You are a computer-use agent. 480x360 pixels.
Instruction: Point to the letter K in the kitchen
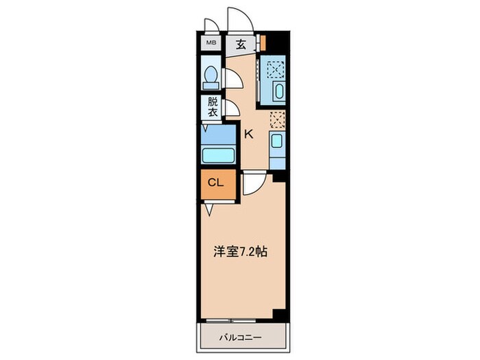click(x=248, y=134)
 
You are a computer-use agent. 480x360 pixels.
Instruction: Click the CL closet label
click(x=216, y=183)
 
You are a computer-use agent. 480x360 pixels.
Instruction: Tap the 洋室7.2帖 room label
click(x=239, y=252)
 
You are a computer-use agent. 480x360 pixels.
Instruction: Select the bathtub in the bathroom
click(x=218, y=154)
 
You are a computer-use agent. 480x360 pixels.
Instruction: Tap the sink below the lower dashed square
click(x=276, y=143)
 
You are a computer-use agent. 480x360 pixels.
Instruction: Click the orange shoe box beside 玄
click(x=262, y=43)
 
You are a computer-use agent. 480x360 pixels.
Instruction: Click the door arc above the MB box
click(x=212, y=26)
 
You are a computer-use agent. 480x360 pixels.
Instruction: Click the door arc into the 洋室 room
click(x=252, y=182)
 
